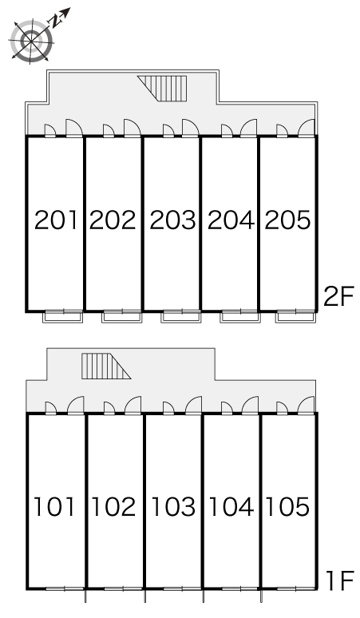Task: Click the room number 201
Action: coord(56,220)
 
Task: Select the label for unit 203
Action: coord(172,220)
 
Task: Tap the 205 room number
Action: coord(287,220)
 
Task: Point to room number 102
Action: coord(113,506)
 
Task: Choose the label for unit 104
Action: coord(231,506)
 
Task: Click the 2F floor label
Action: coord(338,296)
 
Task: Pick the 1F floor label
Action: coord(340,581)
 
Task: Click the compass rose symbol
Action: coord(31,41)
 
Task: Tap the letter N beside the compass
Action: coord(56,21)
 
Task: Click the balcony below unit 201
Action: coord(63,316)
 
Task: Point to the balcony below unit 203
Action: coord(180,316)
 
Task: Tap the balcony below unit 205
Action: coord(295,316)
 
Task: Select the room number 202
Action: coord(113,220)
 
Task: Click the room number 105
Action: coord(288,506)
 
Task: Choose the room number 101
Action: coord(54,506)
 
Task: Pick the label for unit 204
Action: coord(231,220)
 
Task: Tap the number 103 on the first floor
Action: coord(174,506)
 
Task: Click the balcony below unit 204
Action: coord(240,316)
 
